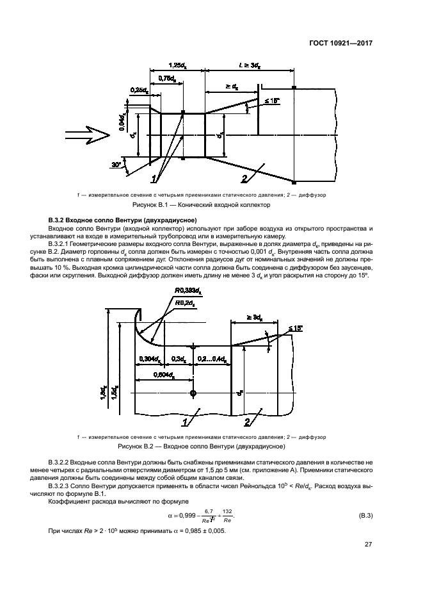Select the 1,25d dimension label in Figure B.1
click(x=177, y=65)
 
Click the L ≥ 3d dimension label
click(x=249, y=65)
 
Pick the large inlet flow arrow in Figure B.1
click(x=88, y=135)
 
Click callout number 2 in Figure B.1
click(x=244, y=179)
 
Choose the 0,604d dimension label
click(x=165, y=375)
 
